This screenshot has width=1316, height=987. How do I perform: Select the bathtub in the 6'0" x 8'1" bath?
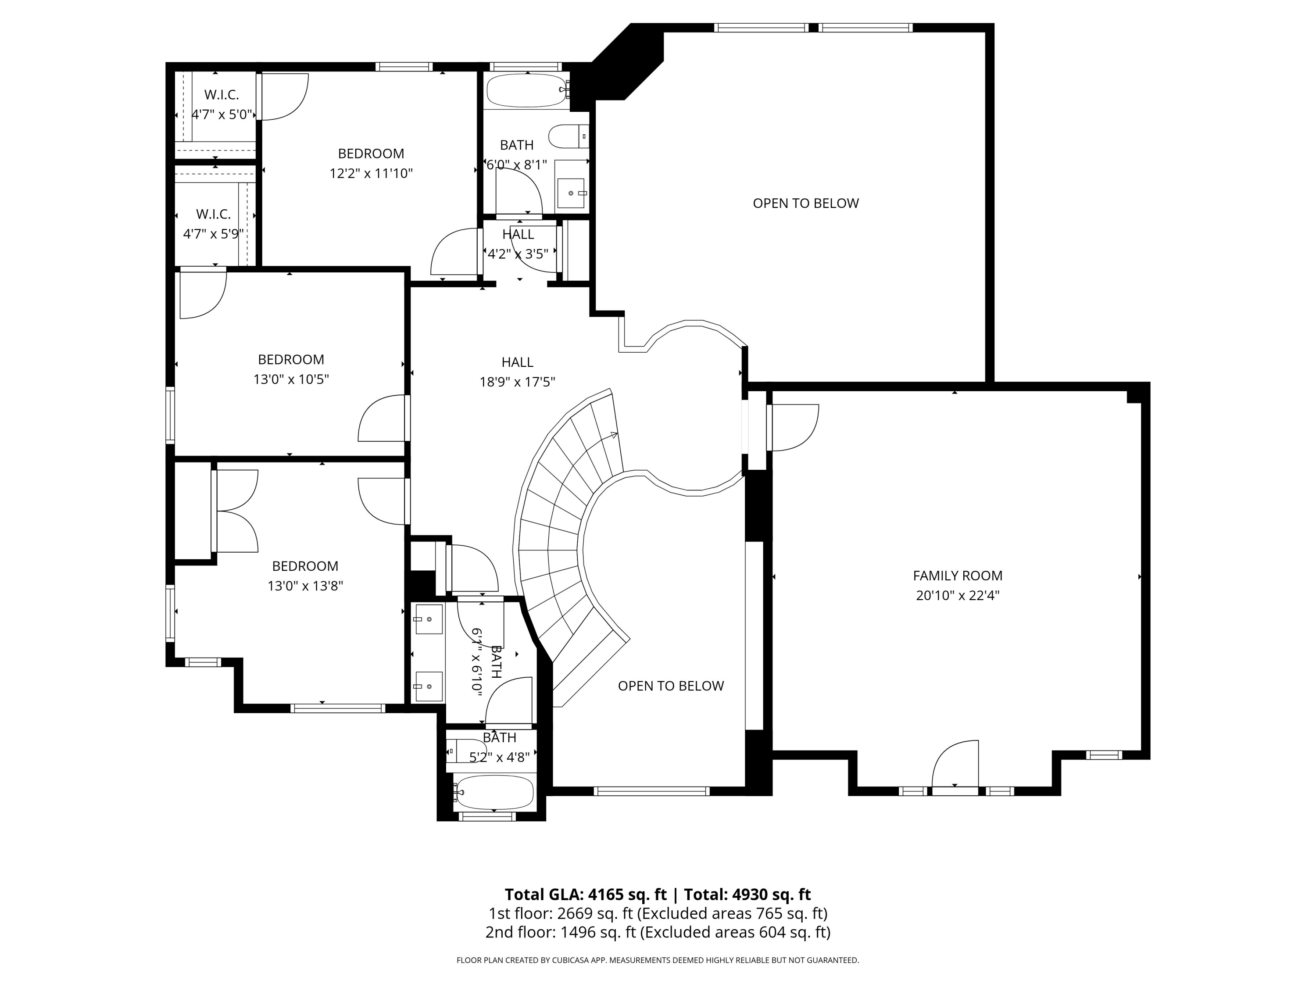pyautogui.click(x=526, y=90)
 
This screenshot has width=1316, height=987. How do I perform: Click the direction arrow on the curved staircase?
pyautogui.click(x=613, y=436)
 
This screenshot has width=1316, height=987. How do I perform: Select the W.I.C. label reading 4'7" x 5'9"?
pyautogui.click(x=214, y=224)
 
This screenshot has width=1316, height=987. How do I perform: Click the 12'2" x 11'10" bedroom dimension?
pyautogui.click(x=371, y=174)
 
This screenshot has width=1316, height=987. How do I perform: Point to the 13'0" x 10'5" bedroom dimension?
pyautogui.click(x=291, y=379)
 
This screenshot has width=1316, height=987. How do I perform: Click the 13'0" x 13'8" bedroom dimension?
pyautogui.click(x=305, y=586)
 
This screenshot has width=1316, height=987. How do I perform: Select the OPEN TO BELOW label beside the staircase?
pyautogui.click(x=670, y=686)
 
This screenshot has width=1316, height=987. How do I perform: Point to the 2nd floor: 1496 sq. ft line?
pyautogui.click(x=658, y=932)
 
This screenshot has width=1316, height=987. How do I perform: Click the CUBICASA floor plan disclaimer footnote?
pyautogui.click(x=658, y=960)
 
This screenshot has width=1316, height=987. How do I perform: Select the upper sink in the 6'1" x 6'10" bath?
pyautogui.click(x=428, y=619)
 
